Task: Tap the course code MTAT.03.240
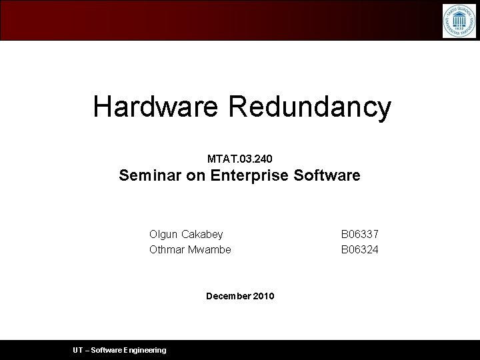pyautogui.click(x=239, y=159)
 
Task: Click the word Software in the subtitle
pyautogui.click(x=327, y=175)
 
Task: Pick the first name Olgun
pyautogui.click(x=164, y=235)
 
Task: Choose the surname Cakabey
pyautogui.click(x=202, y=235)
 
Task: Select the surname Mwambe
pyautogui.click(x=210, y=249)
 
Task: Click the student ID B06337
pyautogui.click(x=360, y=235)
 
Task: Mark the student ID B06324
pyautogui.click(x=360, y=249)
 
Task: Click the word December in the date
pyautogui.click(x=229, y=296)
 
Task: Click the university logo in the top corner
pyautogui.click(x=459, y=21)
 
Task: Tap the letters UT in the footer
pyautogui.click(x=79, y=350)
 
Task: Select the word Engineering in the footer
pyautogui.click(x=145, y=350)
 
